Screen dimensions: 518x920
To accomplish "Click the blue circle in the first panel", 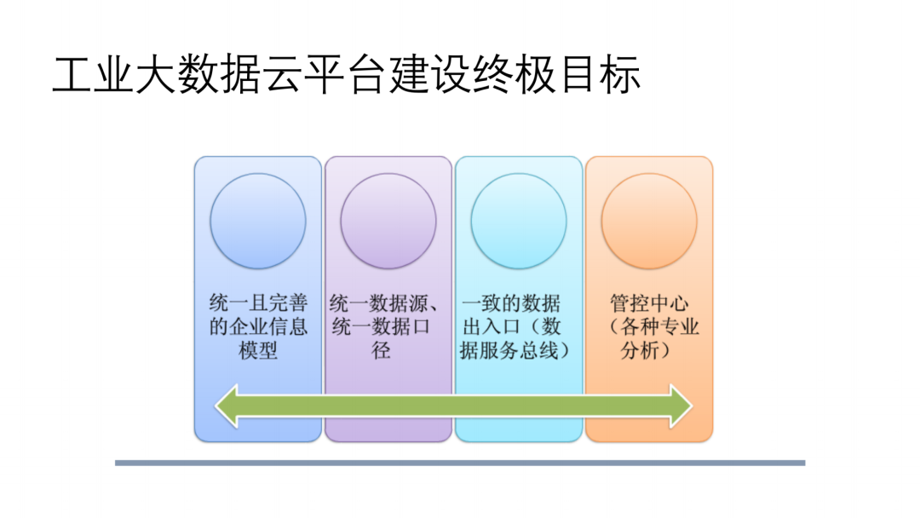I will point(258,221).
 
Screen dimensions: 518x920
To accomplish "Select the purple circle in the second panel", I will point(388,221).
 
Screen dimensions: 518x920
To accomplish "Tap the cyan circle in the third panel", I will point(519,221).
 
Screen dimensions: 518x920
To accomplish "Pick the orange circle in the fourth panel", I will point(649,221).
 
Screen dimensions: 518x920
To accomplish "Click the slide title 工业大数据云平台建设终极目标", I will point(346,76).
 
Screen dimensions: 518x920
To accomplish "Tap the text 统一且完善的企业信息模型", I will point(258,326).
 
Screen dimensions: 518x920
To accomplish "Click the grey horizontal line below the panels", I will point(460,463).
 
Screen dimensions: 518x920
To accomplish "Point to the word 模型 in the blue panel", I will point(258,350).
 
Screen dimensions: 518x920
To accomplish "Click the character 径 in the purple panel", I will point(382,350).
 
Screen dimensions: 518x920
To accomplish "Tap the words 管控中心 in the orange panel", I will point(650,303).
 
